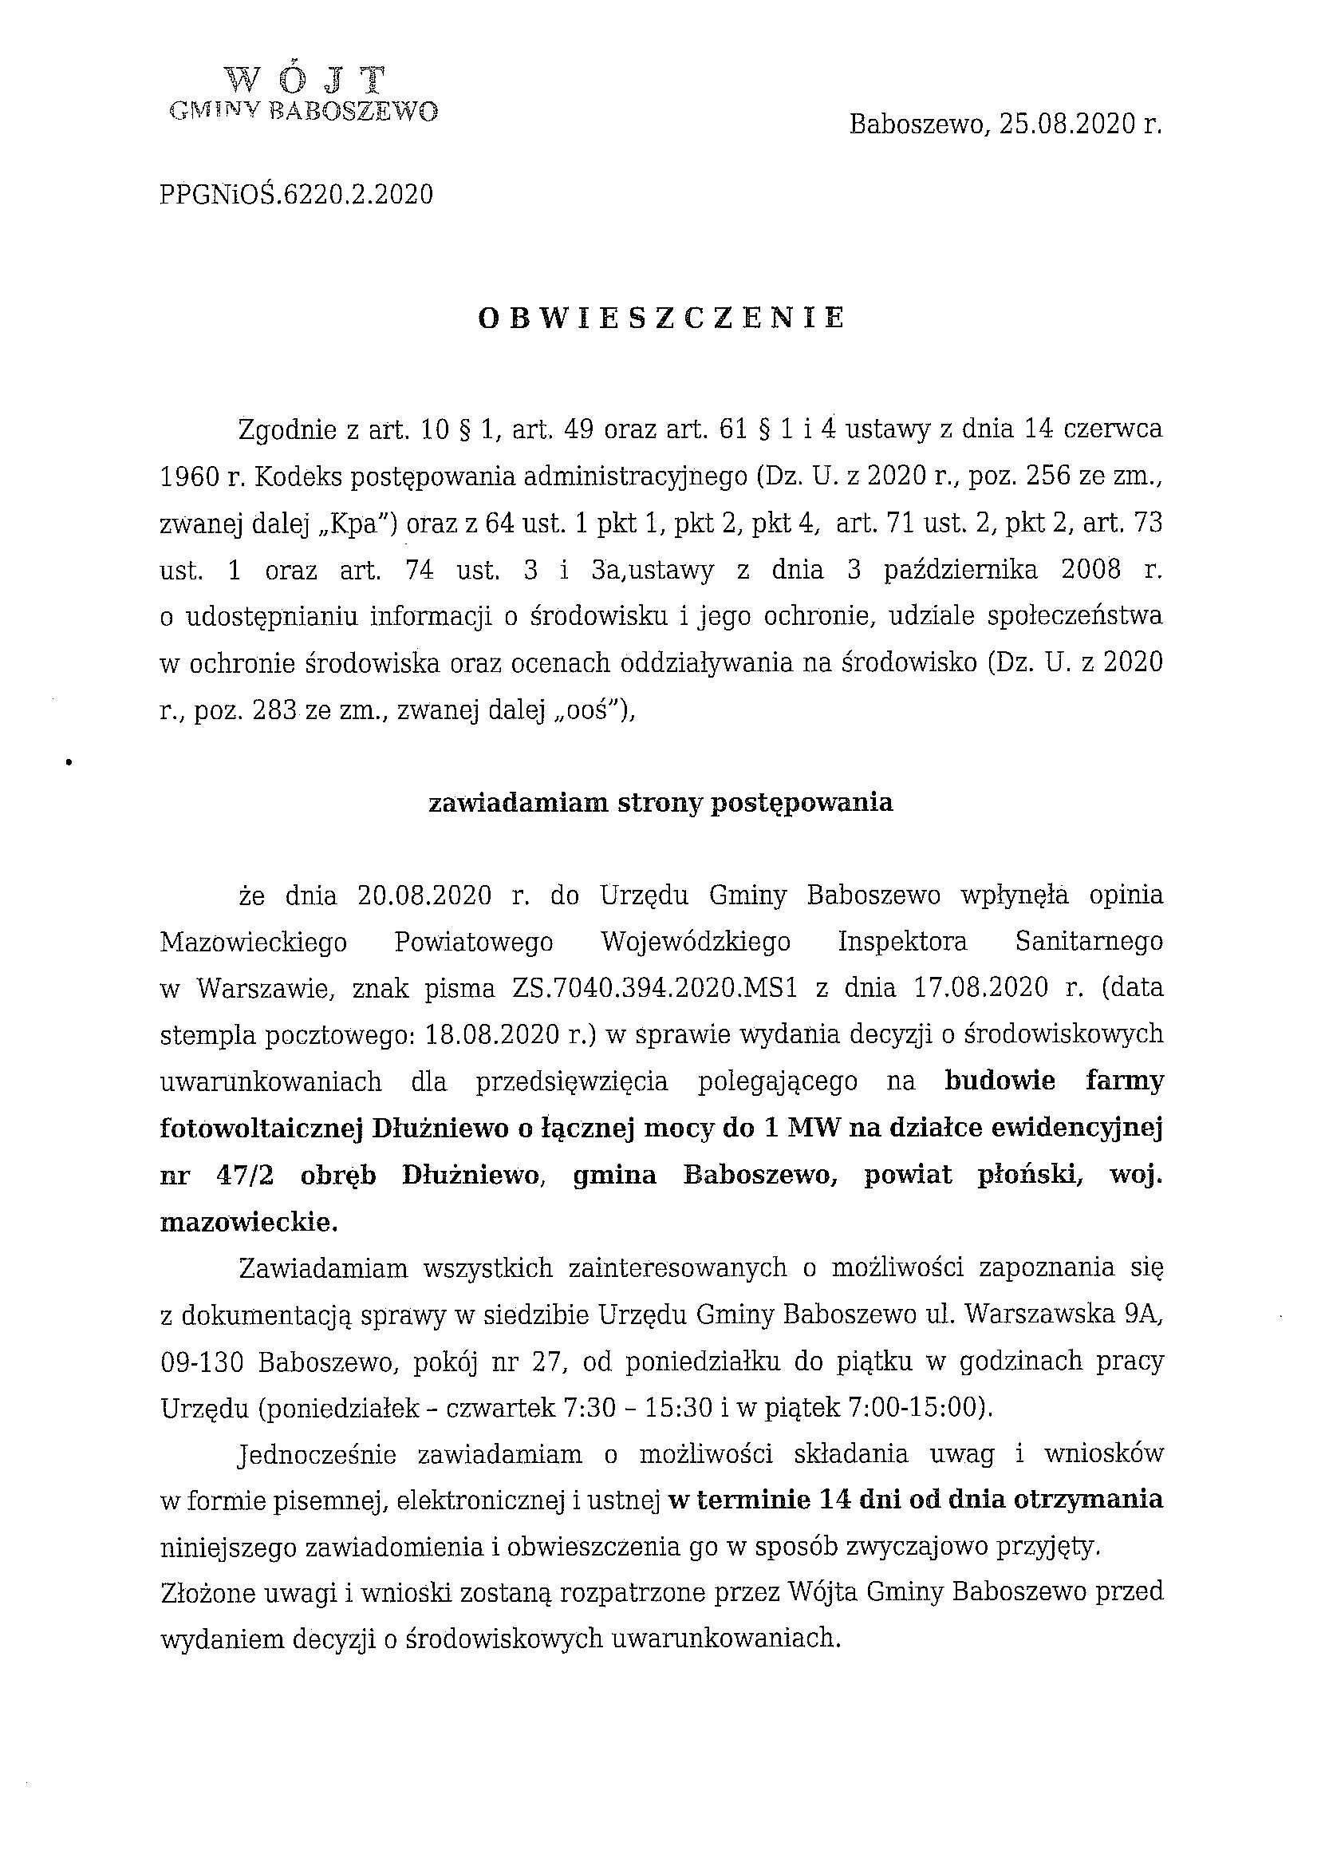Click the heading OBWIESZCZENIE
(x=661, y=318)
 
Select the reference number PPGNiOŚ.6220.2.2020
(x=297, y=195)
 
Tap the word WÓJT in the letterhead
(x=305, y=79)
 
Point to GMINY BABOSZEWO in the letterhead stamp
(x=303, y=112)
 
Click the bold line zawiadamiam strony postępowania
(x=660, y=803)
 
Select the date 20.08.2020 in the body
(x=424, y=896)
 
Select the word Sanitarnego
(x=1089, y=943)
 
